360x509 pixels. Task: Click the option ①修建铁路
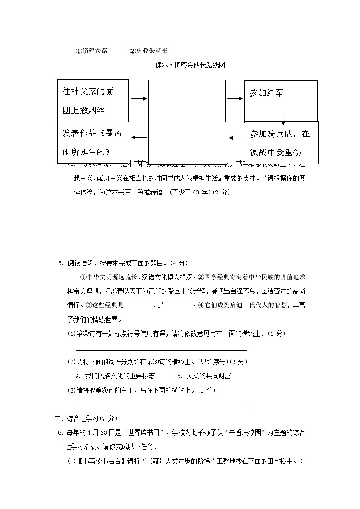pos(91,51)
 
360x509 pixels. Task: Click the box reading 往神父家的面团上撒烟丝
pos(93,101)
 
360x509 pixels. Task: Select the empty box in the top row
pos(187,101)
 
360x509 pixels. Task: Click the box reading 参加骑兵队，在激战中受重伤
pos(282,142)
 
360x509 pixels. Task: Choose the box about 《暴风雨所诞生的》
pos(93,142)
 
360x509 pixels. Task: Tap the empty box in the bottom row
pos(187,142)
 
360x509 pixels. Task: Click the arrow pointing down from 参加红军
pos(283,120)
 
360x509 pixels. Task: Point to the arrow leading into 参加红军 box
pos(235,98)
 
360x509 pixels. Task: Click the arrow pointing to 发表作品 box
pos(139,137)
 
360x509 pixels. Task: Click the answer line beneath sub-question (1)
pos(161,350)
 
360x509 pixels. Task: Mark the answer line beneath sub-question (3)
pos(161,407)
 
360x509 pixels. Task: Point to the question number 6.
pos(61,432)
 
